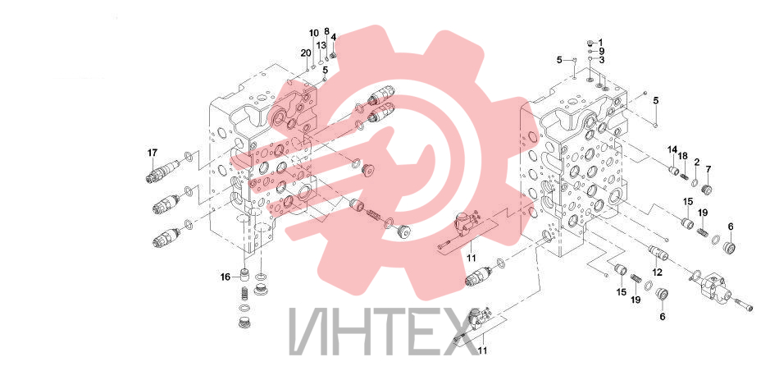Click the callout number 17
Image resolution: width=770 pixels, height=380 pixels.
[153, 153]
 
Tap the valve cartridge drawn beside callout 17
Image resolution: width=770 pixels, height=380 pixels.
[162, 172]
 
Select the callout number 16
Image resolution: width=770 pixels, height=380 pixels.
[225, 277]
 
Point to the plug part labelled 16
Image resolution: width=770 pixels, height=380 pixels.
[244, 275]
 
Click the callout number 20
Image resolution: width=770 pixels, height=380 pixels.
[305, 53]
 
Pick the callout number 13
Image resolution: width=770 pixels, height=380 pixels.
[321, 45]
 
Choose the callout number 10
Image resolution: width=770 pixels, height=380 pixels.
[314, 33]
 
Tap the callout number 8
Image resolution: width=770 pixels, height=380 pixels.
[326, 31]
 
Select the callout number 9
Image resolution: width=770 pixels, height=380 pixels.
[601, 51]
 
